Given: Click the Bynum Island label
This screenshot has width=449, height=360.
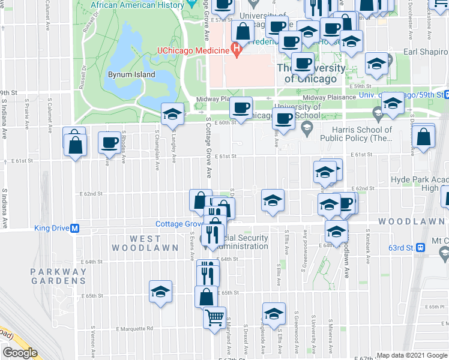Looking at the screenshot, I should pos(131,75).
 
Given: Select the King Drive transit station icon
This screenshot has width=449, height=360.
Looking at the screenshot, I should pos(76,228).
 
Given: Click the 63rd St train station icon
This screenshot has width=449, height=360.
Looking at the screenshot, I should pos(421,247).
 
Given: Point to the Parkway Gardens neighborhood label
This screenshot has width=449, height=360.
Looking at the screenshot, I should pos(59,276).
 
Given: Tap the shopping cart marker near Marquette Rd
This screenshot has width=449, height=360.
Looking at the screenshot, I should pos(215,318).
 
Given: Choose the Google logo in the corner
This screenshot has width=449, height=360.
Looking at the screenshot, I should pos(20,353).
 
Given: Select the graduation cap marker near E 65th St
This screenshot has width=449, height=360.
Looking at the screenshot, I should pos(160,292).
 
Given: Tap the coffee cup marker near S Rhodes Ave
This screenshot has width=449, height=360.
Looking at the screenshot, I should pos(109,143).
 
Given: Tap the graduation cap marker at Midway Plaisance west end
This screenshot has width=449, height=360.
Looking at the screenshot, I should pos(172,113).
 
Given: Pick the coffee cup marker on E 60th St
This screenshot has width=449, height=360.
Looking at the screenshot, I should pos(241,108).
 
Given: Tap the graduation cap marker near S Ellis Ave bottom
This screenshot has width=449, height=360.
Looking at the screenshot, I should pos(273,314).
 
